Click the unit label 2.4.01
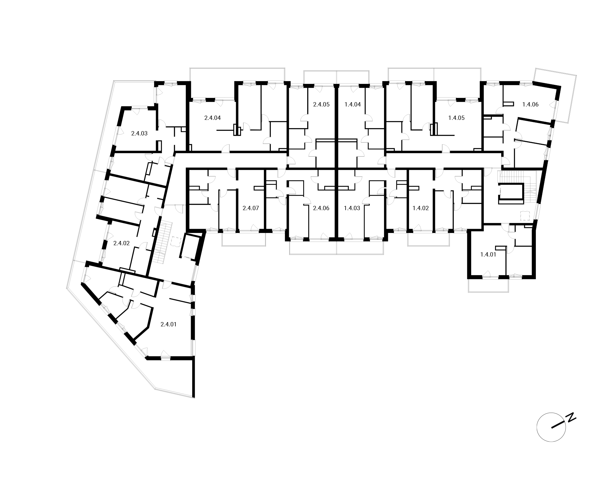[168, 324]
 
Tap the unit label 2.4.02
[121, 243]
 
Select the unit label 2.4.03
[139, 133]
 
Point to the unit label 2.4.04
[212, 118]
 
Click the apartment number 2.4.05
[321, 104]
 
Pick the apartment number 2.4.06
[321, 208]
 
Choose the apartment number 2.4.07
[251, 208]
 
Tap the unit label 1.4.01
[488, 254]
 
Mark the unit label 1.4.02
[421, 208]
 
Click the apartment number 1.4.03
[352, 208]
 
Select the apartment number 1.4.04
[353, 104]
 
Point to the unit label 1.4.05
[457, 118]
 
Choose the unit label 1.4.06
[530, 104]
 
